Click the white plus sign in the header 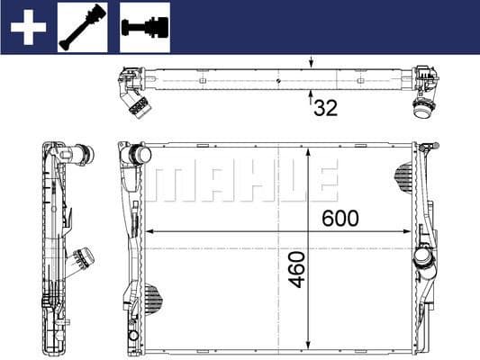coord(27,27)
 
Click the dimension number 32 coord(325,109)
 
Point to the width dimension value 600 coord(340,218)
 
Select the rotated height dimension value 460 coord(298,269)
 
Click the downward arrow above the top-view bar coord(312,64)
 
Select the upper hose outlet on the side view coord(83,155)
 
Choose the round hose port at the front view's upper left coord(139,155)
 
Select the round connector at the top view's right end coord(422,110)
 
